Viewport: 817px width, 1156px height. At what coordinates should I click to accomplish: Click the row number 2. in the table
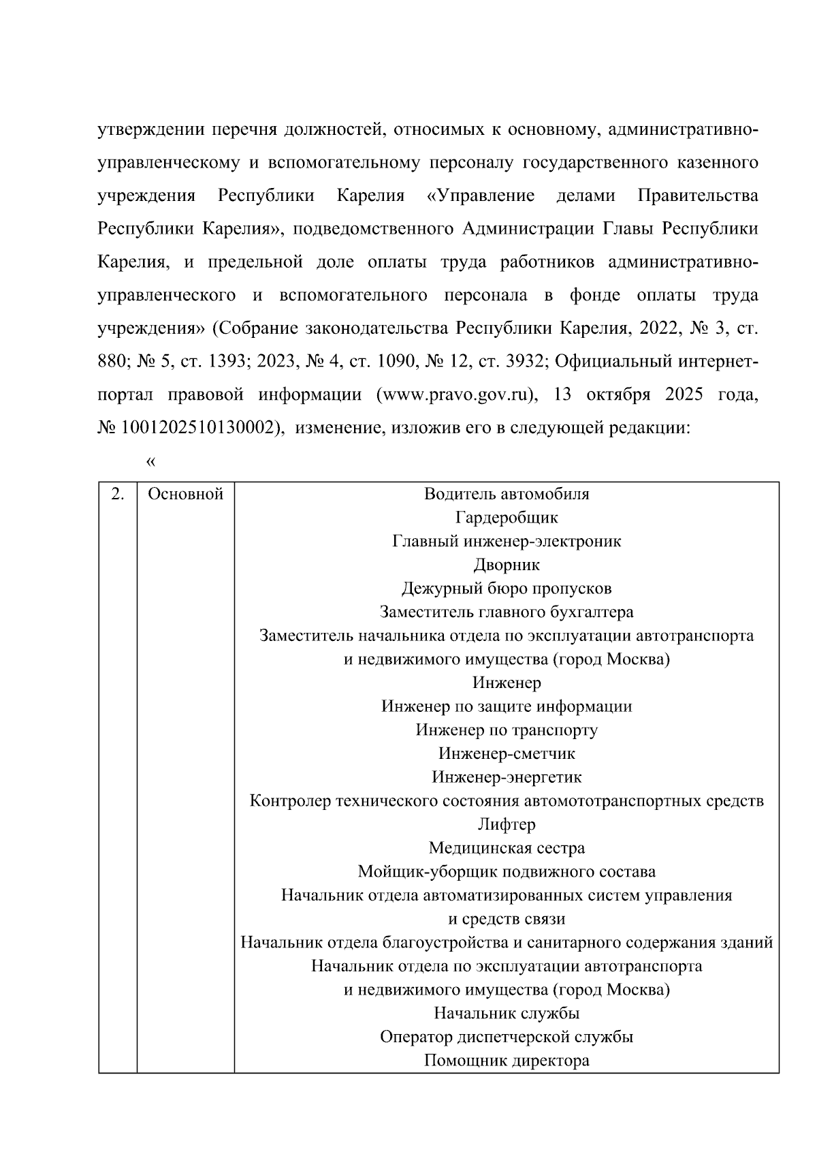117,495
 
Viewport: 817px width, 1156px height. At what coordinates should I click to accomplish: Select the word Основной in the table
185,495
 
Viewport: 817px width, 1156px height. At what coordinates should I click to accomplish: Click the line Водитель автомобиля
507,495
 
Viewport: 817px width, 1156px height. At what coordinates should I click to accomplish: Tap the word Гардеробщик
507,518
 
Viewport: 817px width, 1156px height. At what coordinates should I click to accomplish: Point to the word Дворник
507,565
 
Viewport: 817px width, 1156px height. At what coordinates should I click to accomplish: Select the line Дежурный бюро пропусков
507,589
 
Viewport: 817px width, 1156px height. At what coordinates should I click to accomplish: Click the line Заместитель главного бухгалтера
507,612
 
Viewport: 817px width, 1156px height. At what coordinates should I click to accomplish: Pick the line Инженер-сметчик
507,754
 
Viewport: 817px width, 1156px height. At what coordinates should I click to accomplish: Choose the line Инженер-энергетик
507,777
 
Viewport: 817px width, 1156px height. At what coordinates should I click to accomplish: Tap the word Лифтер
507,825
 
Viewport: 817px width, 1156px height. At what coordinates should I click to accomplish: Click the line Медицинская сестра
507,849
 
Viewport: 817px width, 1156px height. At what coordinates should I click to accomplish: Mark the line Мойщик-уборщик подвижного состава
507,872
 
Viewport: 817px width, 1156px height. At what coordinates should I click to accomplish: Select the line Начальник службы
507,1014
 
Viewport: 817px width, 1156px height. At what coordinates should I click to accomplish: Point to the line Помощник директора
507,1061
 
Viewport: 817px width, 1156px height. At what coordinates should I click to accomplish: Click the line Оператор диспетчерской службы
507,1037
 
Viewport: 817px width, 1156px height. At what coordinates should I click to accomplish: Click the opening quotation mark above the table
151,463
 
